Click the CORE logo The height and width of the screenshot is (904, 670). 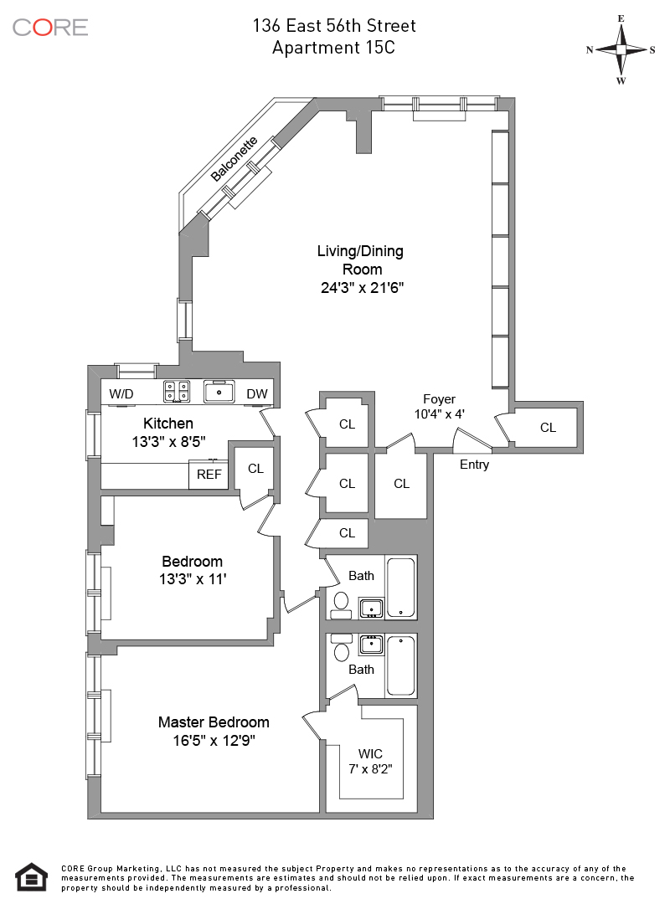(50, 27)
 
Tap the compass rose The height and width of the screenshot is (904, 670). (621, 49)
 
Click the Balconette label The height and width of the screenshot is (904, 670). (234, 159)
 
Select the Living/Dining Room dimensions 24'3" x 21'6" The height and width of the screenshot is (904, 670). (362, 287)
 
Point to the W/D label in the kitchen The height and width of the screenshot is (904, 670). (121, 393)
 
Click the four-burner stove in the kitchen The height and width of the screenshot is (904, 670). (177, 392)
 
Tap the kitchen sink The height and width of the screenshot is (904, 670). (219, 392)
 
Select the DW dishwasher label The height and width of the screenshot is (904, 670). (257, 393)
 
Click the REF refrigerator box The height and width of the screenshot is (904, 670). (209, 475)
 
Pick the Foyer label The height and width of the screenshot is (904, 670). (439, 399)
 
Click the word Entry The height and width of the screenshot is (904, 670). (474, 465)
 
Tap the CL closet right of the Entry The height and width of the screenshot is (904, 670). (548, 427)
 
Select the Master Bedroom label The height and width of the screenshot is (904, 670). (214, 722)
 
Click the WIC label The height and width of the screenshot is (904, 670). (370, 753)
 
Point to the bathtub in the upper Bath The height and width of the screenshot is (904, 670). (400, 587)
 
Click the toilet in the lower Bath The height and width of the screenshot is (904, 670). (342, 650)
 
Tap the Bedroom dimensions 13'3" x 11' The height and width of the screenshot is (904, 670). (193, 579)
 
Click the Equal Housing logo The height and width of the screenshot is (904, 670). (31, 877)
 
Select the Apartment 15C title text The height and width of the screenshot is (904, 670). (333, 47)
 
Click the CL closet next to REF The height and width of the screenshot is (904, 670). (255, 469)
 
